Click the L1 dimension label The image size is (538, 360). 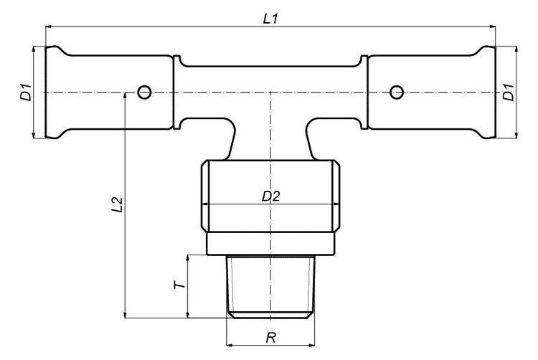click(x=270, y=19)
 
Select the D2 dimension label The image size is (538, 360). click(x=270, y=196)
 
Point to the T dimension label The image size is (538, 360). click(x=180, y=285)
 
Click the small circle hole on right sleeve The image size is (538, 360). click(x=395, y=92)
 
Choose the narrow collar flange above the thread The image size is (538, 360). click(x=270, y=244)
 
